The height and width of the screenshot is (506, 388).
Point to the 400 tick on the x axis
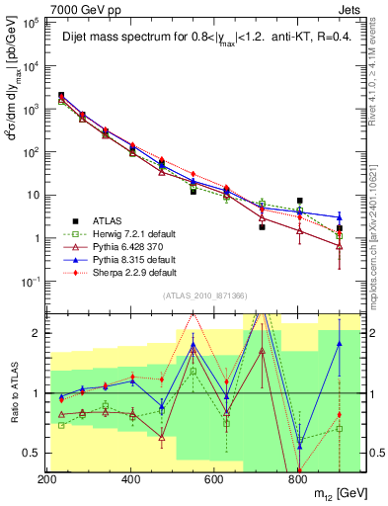(x=130, y=479)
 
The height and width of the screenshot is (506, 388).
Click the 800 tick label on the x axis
(x=297, y=479)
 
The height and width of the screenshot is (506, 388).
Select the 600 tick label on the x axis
(x=214, y=479)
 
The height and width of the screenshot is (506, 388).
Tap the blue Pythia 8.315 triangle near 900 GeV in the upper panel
(x=339, y=217)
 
